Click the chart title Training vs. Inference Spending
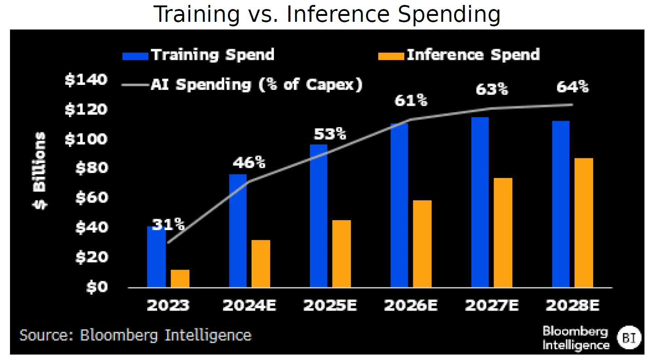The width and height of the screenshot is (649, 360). pos(327,15)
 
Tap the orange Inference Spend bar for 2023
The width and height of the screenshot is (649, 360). pos(180,278)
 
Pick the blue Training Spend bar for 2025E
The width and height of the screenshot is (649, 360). pos(318,216)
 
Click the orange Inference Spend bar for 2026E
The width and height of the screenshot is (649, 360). pos(422,244)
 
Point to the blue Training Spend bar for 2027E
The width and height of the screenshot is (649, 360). pos(480,202)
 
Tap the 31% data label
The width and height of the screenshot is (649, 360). pos(168,224)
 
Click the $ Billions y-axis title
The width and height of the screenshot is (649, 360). pos(40,170)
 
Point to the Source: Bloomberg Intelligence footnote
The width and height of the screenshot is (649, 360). pos(135,335)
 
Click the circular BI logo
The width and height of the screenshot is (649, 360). pos(629,337)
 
